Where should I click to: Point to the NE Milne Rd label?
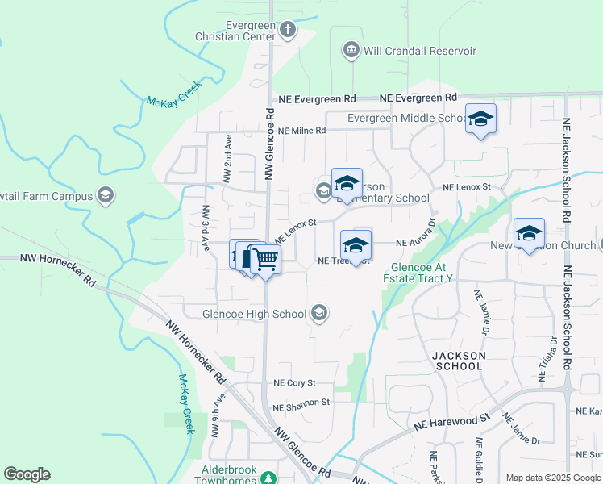click(301, 131)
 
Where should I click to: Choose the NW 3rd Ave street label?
click(206, 229)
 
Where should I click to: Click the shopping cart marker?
click(264, 261)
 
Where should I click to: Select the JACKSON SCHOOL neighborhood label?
click(459, 361)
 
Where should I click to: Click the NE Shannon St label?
click(301, 402)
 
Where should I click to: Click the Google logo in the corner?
click(27, 474)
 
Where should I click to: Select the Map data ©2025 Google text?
click(552, 478)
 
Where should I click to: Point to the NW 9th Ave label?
click(216, 416)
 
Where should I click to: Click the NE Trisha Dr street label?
click(543, 359)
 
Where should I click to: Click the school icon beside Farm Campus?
click(106, 196)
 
